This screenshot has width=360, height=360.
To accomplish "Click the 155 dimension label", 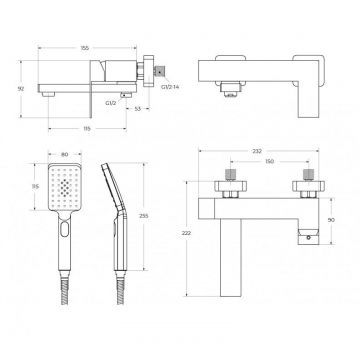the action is click(85, 48).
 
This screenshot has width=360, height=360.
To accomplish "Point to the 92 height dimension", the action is click(21, 89).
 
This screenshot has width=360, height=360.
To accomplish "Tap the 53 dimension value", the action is click(137, 109).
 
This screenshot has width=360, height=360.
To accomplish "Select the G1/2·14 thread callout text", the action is click(170, 87).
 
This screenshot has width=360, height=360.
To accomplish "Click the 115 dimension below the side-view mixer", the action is click(87, 129).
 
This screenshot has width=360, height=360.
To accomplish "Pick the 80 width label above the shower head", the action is click(65, 154).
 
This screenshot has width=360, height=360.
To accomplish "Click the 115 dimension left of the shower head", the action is click(35, 186).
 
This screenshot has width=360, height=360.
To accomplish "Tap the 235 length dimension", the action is click(144, 216).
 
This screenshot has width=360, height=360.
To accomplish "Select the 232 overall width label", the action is click(257, 151).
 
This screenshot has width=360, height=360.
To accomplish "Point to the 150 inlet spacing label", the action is click(270, 162).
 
